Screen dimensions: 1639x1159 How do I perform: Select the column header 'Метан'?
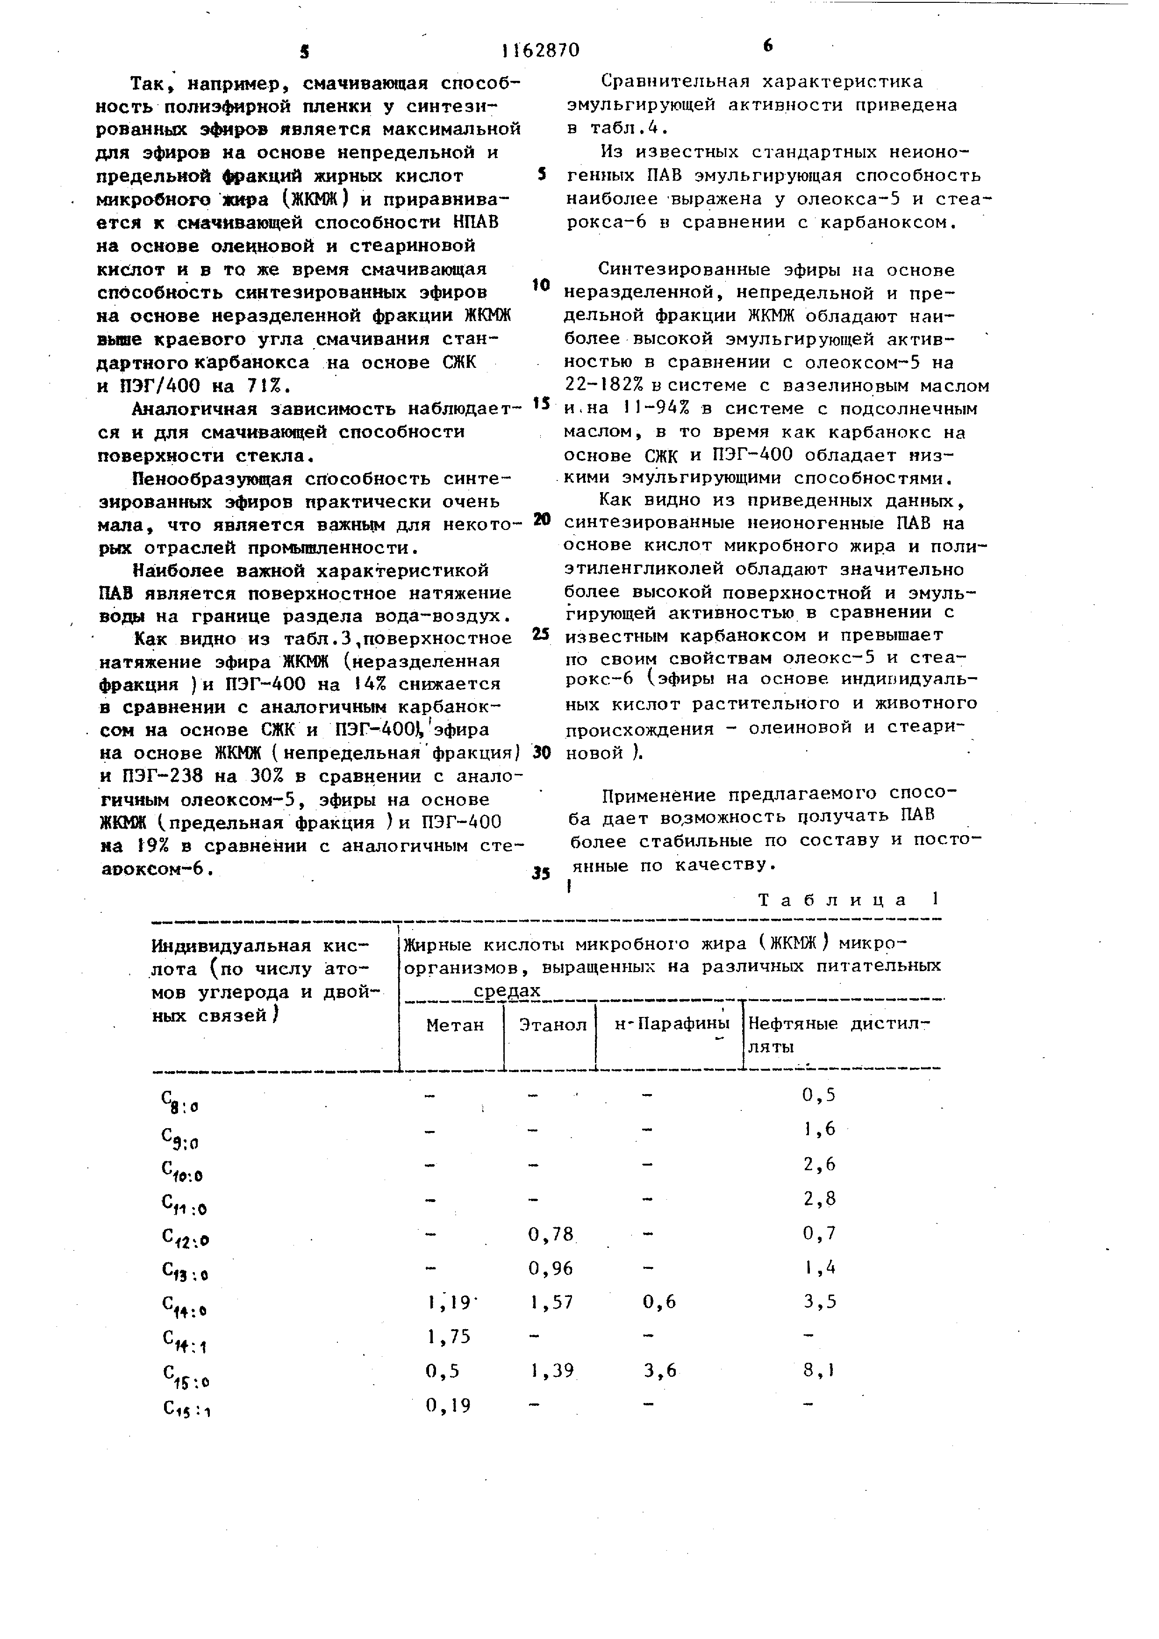[455, 1025]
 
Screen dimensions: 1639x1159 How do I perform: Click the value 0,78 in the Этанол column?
[551, 1233]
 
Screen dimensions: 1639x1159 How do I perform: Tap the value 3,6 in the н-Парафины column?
[659, 1371]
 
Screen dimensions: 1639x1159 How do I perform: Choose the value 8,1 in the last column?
[819, 1371]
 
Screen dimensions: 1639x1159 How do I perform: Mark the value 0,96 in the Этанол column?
[551, 1268]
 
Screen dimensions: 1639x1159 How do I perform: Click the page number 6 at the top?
[767, 46]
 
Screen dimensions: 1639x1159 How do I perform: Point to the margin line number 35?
[542, 873]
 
